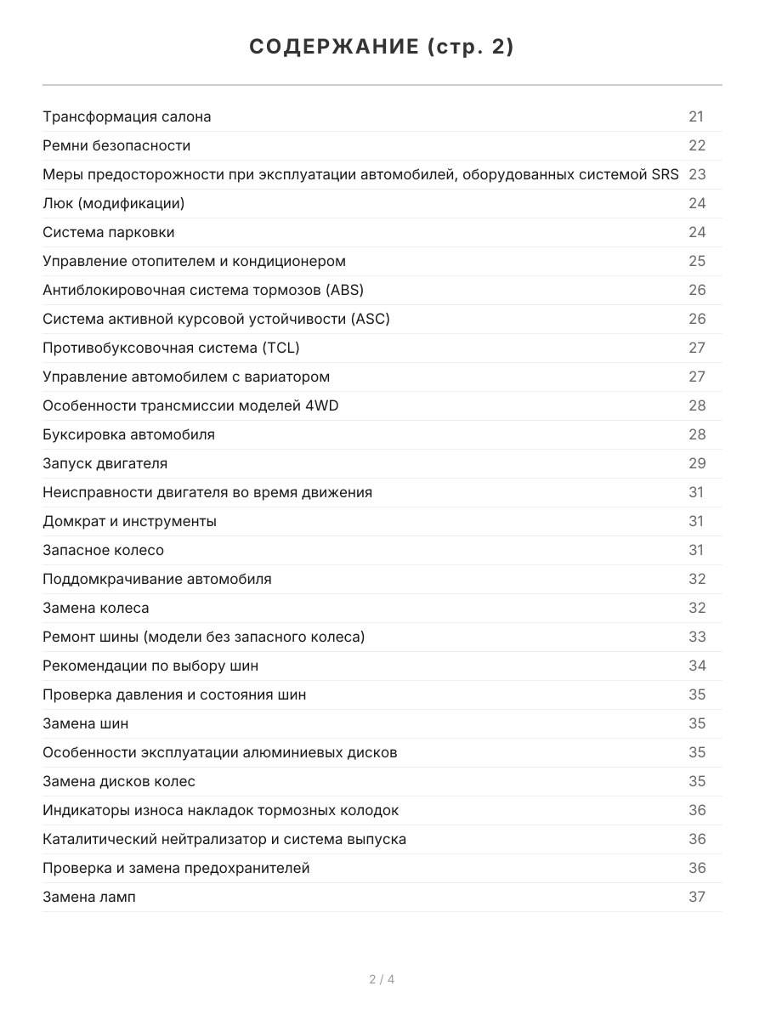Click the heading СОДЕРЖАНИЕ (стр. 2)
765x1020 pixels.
click(x=382, y=48)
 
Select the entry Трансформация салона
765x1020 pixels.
click(x=127, y=116)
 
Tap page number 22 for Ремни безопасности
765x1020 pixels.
click(x=697, y=145)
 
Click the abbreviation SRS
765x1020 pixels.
click(x=665, y=174)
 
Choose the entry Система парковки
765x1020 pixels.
click(x=108, y=232)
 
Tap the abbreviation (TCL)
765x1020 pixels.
click(x=280, y=348)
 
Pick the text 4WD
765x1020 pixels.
click(x=321, y=405)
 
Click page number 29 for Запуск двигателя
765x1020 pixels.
click(x=697, y=463)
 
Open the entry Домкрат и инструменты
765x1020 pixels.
click(x=129, y=521)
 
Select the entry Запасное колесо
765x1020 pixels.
click(x=103, y=550)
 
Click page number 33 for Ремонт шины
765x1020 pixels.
click(x=697, y=637)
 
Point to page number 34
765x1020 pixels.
click(x=697, y=666)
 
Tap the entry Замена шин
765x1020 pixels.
click(x=85, y=723)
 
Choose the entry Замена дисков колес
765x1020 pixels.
click(x=118, y=781)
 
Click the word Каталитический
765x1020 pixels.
click(x=95, y=839)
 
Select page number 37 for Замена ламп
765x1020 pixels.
click(x=697, y=897)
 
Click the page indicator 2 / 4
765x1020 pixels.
click(x=382, y=979)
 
